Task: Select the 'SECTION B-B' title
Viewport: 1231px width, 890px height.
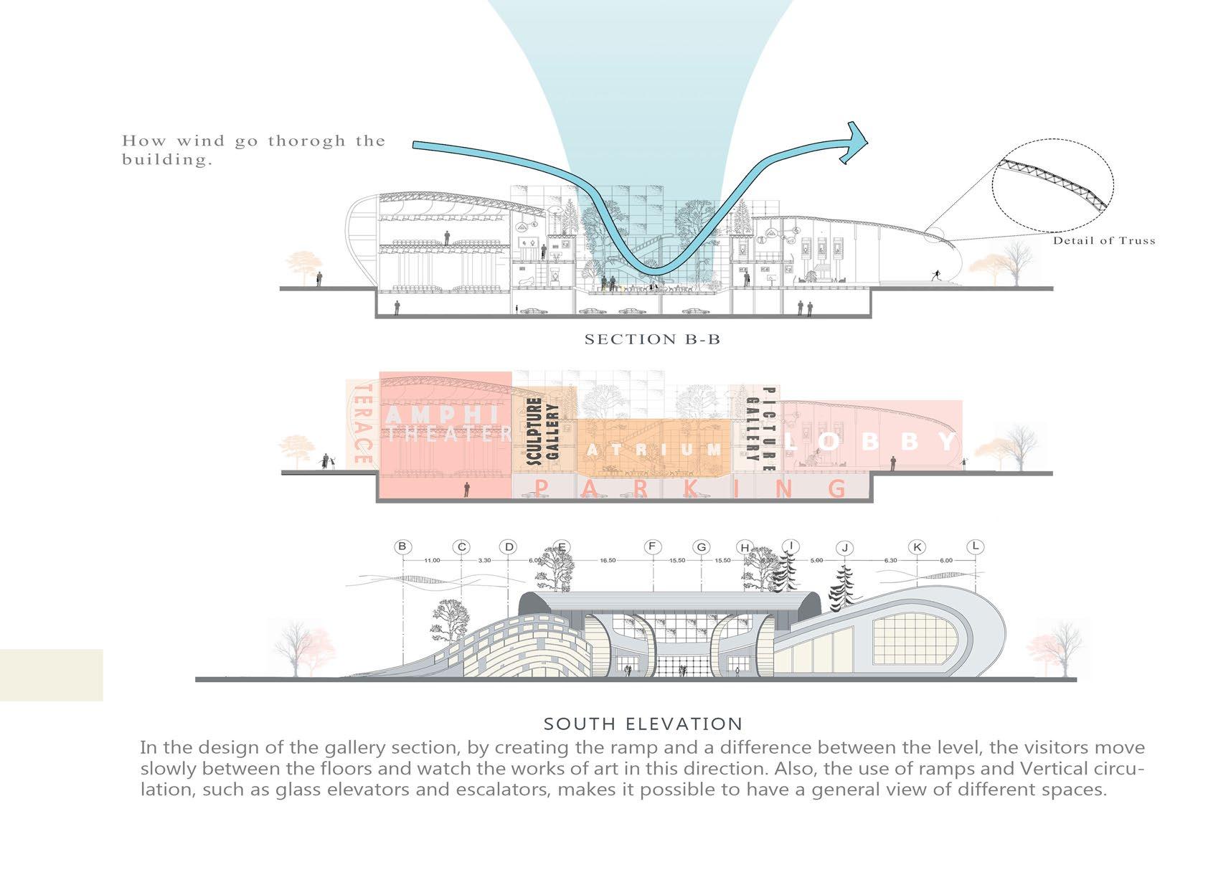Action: [x=652, y=339]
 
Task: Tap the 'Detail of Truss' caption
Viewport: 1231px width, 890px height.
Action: [x=1104, y=241]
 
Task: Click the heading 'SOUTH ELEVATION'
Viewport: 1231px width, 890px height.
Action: [x=643, y=724]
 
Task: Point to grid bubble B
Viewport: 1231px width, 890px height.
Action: [x=402, y=546]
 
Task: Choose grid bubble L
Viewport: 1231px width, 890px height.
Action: [x=975, y=546]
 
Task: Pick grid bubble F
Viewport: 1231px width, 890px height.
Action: [x=652, y=547]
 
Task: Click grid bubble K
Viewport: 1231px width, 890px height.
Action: [x=917, y=547]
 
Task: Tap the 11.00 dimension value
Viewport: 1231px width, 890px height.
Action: [x=432, y=561]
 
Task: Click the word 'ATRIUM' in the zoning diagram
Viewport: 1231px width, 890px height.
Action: [x=654, y=450]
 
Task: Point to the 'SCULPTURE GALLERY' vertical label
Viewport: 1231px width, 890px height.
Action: [x=542, y=432]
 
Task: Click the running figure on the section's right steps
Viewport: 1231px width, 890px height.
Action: [x=936, y=275]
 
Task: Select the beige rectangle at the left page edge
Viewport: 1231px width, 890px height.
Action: [x=51, y=675]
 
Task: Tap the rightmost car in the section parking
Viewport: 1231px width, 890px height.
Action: [x=692, y=312]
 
